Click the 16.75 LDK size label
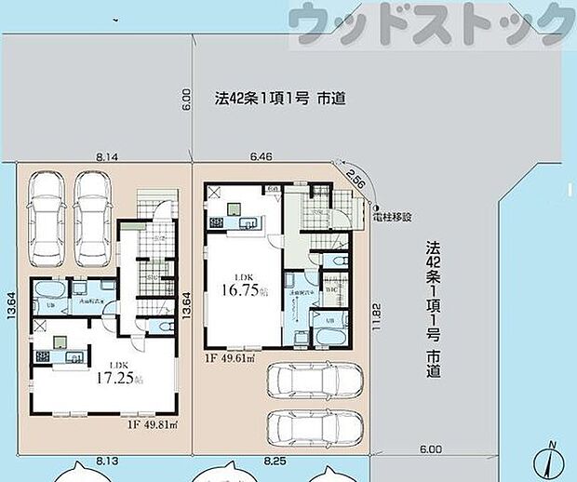(x=239, y=288)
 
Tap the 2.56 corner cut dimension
(x=356, y=177)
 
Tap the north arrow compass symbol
(x=550, y=458)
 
